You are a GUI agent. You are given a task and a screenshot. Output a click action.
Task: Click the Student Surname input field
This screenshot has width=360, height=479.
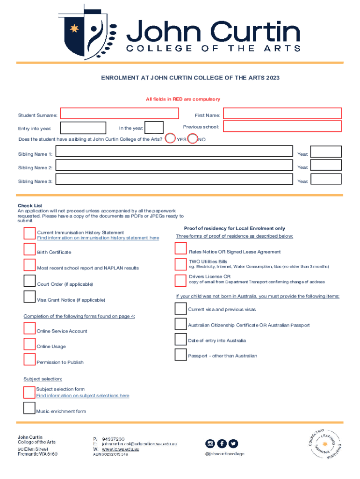tap(120, 114)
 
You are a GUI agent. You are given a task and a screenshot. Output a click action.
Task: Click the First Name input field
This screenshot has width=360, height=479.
tap(282, 114)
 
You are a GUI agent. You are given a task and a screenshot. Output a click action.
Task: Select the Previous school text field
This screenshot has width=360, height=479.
tap(282, 126)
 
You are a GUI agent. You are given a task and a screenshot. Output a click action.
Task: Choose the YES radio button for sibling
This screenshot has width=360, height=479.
tap(171, 138)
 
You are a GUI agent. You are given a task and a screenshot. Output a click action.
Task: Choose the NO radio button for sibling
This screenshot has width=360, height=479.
tap(192, 138)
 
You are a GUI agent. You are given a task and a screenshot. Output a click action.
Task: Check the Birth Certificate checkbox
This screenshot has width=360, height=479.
tap(30, 249)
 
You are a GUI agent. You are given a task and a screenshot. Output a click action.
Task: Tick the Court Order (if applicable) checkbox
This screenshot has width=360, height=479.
tap(30, 281)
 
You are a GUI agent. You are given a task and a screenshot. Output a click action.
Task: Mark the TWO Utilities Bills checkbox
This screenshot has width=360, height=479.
tap(180, 264)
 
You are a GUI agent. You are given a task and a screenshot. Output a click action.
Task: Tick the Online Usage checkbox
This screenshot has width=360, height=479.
tap(30, 344)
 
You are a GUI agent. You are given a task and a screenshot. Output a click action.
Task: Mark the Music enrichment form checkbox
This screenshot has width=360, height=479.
tap(29, 408)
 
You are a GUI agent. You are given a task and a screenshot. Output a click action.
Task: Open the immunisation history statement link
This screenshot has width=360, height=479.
tap(98, 238)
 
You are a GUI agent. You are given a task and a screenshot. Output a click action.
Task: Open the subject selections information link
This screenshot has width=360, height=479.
tap(83, 396)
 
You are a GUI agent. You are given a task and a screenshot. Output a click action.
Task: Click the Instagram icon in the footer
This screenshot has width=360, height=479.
tap(210, 443)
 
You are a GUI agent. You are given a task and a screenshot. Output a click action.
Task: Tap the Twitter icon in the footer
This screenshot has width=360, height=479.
tap(233, 443)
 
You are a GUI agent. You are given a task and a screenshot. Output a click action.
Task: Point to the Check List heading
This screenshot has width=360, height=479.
tap(30, 206)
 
